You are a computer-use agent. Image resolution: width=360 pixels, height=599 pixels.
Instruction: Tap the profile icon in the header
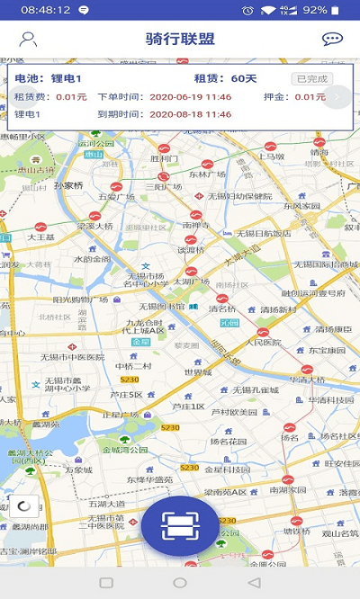pyautogui.click(x=29, y=40)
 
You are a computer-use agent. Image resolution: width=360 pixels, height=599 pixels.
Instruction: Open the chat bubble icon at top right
pyautogui.click(x=332, y=40)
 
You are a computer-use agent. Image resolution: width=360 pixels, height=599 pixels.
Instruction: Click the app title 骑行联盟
pyautogui.click(x=180, y=40)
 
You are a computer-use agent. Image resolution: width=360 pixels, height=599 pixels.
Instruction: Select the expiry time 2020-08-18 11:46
pyautogui.click(x=190, y=114)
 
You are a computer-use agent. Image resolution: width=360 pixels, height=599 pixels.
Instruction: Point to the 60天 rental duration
pyautogui.click(x=243, y=78)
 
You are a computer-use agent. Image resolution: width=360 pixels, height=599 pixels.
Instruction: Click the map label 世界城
pyautogui.click(x=198, y=371)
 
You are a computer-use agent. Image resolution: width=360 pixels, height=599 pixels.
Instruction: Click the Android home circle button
pyautogui.click(x=180, y=583)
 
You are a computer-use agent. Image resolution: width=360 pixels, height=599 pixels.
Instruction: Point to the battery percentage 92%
pyautogui.click(x=315, y=10)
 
